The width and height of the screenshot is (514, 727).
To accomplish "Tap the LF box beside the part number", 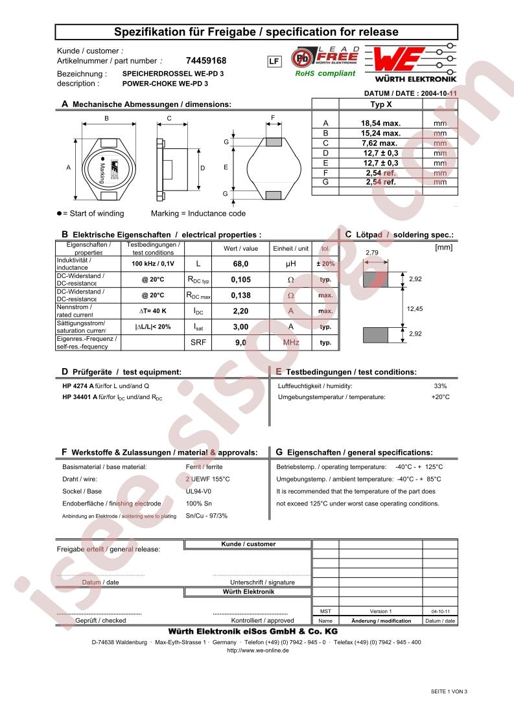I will pyautogui.click(x=274, y=62).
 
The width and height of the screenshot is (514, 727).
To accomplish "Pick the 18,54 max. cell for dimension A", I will pyautogui.click(x=380, y=122).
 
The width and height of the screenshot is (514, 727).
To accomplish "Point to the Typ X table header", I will pyautogui.click(x=380, y=104).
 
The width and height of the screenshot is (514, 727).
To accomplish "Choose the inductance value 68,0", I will pyautogui.click(x=240, y=264).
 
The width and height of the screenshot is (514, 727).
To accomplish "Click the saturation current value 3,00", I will pyautogui.click(x=240, y=327).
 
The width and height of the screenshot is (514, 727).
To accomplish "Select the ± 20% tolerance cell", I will pyautogui.click(x=325, y=264).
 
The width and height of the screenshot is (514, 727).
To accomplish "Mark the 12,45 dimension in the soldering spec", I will pyautogui.click(x=414, y=309).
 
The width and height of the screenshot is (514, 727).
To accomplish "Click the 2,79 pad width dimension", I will pyautogui.click(x=372, y=252).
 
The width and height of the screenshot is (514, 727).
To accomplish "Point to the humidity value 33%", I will pyautogui.click(x=440, y=386).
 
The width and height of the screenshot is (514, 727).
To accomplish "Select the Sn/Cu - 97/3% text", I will pyautogui.click(x=207, y=516).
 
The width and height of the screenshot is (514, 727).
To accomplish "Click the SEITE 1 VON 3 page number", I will pyautogui.click(x=449, y=691).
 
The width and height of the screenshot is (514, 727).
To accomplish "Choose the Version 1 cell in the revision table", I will pyautogui.click(x=380, y=611).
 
